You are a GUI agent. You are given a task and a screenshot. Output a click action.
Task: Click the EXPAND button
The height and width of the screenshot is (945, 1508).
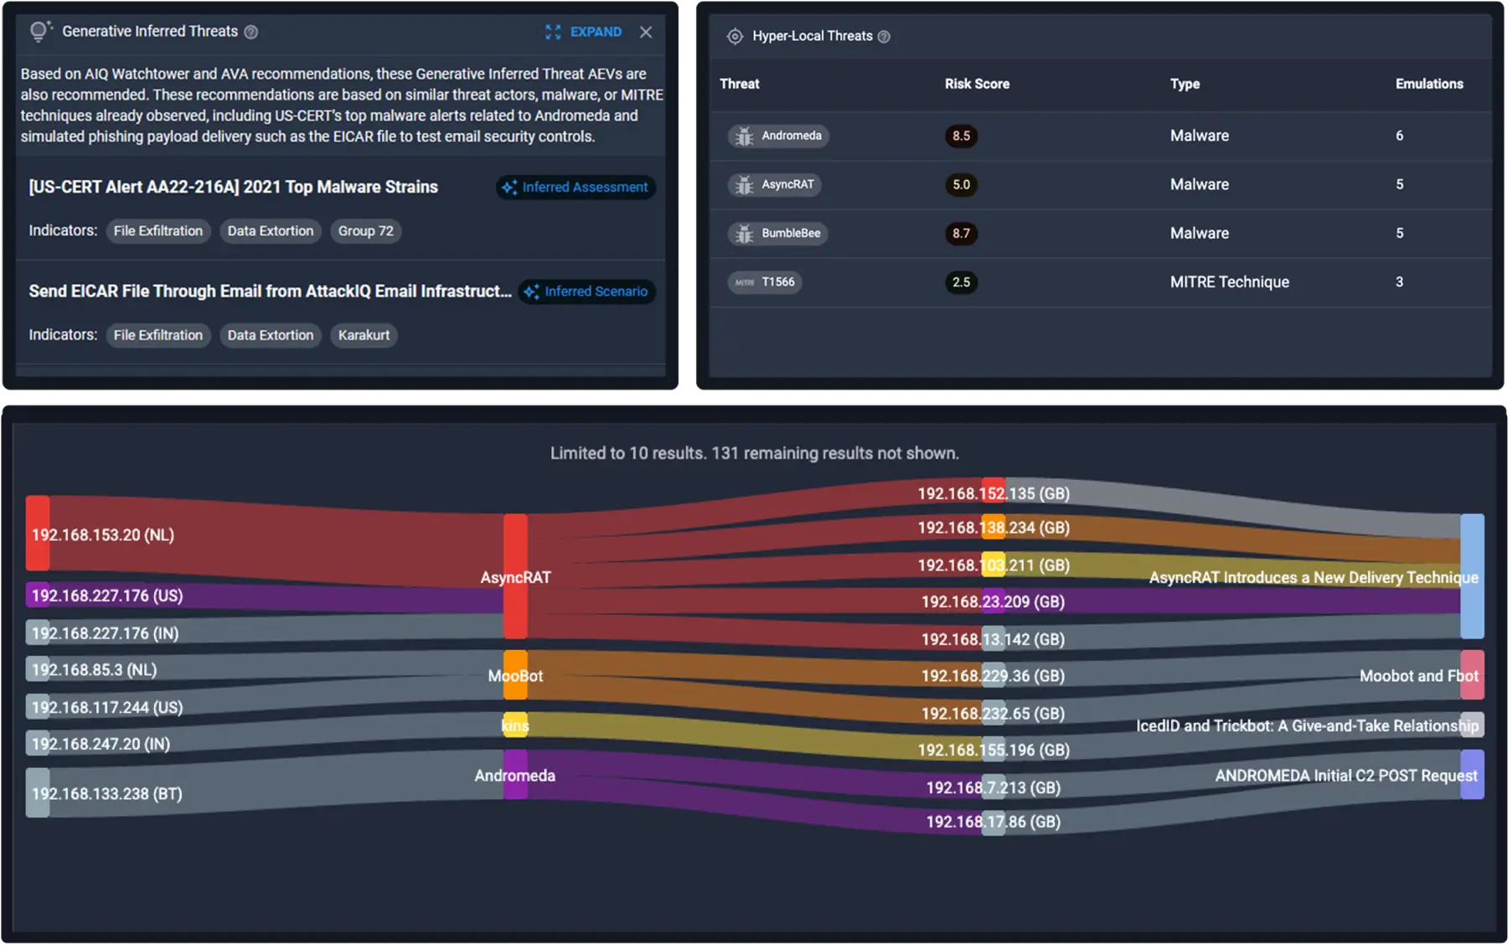[584, 32]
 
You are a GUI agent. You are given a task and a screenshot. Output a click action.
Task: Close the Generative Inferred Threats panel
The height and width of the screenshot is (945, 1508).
[646, 32]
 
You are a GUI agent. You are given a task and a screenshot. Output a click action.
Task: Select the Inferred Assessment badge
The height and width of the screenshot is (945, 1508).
[576, 187]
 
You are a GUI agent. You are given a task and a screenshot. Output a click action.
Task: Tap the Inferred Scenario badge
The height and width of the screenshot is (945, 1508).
[586, 292]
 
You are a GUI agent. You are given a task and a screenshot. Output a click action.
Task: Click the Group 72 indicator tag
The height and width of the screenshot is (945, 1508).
[365, 231]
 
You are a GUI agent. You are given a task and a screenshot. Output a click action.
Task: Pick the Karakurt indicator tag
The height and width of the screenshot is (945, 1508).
[364, 335]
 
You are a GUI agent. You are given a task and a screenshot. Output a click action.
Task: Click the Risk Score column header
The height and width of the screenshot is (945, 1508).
[977, 84]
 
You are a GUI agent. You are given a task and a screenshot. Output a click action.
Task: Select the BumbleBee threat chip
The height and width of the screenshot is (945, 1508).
[778, 233]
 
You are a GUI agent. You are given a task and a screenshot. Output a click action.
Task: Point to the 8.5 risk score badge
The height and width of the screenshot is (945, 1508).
[961, 136]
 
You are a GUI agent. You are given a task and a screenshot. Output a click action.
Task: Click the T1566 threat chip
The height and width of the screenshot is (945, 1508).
[765, 282]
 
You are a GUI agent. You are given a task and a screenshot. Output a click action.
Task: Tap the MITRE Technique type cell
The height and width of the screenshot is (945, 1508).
[1229, 282]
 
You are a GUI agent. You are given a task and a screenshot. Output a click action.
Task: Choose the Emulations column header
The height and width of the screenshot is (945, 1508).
[1429, 84]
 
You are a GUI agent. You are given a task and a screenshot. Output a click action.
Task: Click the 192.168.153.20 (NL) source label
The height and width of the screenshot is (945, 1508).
[103, 534]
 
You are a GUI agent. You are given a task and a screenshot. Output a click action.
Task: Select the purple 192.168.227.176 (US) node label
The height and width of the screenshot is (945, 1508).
[107, 596]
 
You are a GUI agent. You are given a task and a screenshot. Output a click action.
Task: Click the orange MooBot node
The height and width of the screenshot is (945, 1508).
[515, 675]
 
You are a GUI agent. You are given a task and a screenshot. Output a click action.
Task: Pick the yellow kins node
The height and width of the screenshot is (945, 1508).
[515, 726]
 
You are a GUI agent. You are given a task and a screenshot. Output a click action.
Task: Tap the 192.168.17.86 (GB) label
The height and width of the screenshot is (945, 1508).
[993, 822]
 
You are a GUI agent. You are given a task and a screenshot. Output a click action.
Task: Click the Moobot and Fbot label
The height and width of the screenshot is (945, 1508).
[1418, 676]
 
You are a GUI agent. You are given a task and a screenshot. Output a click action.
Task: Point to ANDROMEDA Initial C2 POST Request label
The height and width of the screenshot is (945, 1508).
[1346, 776]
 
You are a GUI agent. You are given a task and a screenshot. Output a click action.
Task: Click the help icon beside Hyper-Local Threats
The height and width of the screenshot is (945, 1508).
[884, 36]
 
